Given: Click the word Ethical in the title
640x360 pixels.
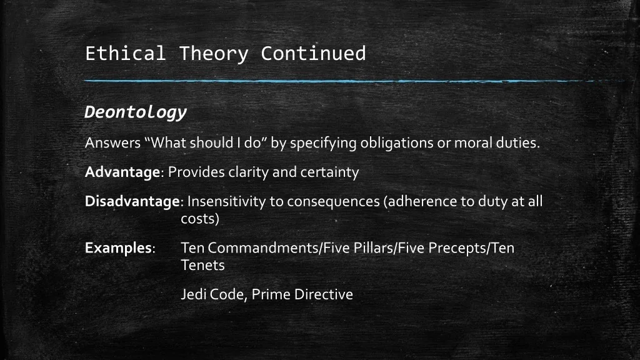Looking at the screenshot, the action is [125, 54].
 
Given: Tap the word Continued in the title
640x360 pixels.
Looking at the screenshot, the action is [314, 54].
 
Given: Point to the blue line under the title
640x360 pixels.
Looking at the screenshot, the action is [354, 81].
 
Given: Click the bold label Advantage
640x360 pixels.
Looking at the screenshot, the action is [122, 172].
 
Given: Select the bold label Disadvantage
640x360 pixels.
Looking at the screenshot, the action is [132, 202].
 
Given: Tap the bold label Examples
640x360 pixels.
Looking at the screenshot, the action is [118, 248].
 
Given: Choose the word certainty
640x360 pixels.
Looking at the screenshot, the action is [330, 172].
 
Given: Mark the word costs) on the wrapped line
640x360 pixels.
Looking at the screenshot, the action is [200, 219].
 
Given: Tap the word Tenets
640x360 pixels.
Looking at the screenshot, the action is [203, 265].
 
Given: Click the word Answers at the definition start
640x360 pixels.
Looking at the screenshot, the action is [112, 143].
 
